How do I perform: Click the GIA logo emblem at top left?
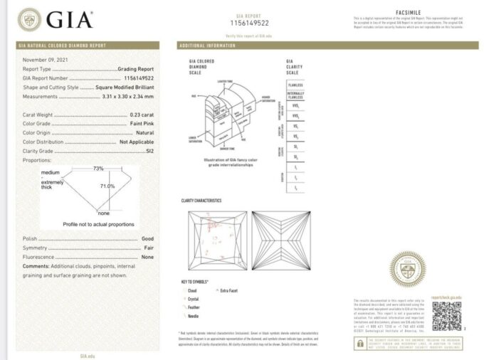pyautogui.click(x=30, y=19)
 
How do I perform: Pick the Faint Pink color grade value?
pyautogui.click(x=141, y=124)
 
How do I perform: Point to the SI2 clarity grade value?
pyautogui.click(x=149, y=151)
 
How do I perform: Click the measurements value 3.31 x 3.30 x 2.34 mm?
pyautogui.click(x=127, y=96)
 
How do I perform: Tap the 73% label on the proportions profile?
pyautogui.click(x=98, y=169)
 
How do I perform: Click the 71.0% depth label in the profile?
pyautogui.click(x=107, y=186)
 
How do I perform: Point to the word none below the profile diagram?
pyautogui.click(x=103, y=213)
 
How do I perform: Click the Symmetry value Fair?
pyautogui.click(x=148, y=248)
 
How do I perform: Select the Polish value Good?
pyautogui.click(x=147, y=238)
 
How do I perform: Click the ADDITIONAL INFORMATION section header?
pyautogui.click(x=208, y=46)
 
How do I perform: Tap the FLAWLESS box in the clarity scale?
pyautogui.click(x=295, y=85)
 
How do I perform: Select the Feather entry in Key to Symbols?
pyautogui.click(x=196, y=307)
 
